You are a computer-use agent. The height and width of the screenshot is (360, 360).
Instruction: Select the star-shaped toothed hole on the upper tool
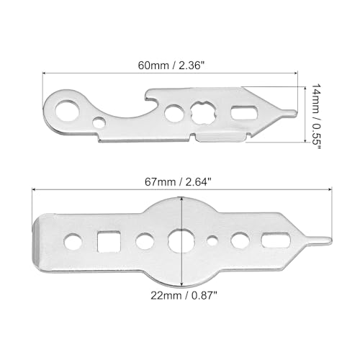coord(202,113)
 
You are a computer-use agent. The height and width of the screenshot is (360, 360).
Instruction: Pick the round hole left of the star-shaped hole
coord(174,113)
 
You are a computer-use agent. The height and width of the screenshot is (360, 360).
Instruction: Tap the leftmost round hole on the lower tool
coord(73,238)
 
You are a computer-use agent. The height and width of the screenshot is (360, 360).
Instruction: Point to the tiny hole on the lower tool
coord(212,239)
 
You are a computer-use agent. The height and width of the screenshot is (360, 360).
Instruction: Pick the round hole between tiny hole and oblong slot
coord(240,239)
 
